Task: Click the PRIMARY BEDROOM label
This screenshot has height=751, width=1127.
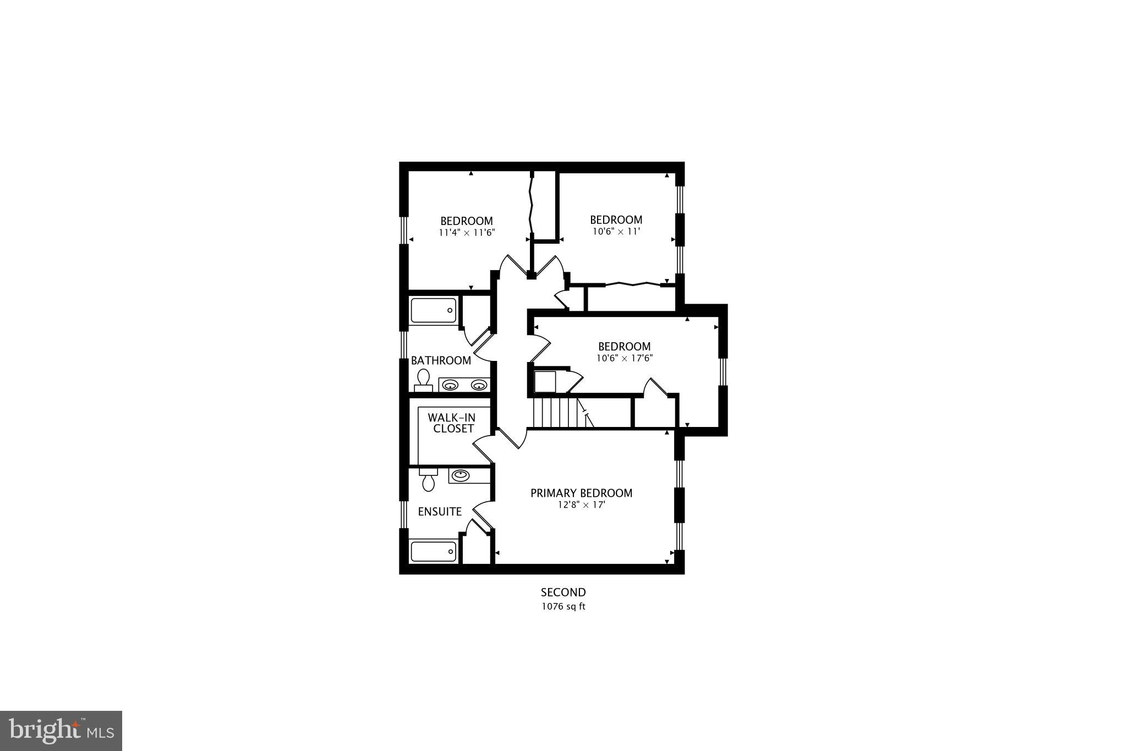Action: [x=581, y=493]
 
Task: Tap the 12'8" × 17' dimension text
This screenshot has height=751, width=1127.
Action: [x=581, y=505]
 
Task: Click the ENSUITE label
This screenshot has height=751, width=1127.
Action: [x=440, y=512]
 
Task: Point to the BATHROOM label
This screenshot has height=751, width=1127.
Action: [x=441, y=361]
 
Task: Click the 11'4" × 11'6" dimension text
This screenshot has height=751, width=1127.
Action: [x=467, y=233]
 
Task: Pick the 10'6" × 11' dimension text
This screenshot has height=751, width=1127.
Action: [x=616, y=232]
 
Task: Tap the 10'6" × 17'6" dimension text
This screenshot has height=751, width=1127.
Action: [x=625, y=358]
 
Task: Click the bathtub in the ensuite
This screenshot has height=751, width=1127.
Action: [x=434, y=551]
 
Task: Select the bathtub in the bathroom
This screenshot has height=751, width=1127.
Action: [x=434, y=310]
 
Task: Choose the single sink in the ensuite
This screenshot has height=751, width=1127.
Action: [x=459, y=474]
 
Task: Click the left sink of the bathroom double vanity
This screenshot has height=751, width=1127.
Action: [x=451, y=385]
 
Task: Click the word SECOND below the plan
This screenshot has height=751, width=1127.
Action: [x=563, y=593]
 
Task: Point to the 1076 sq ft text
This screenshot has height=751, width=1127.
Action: [x=563, y=607]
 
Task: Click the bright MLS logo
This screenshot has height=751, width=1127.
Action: [x=61, y=731]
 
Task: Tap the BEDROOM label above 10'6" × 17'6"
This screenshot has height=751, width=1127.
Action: [x=625, y=347]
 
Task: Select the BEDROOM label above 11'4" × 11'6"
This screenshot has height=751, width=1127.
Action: [x=467, y=221]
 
